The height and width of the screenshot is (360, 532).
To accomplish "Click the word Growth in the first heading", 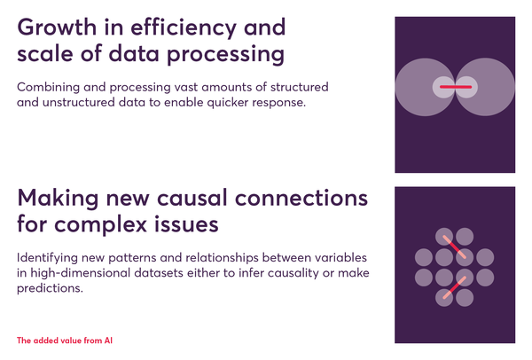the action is pos(57,27).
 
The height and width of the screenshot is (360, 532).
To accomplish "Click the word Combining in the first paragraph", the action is pos(48,88).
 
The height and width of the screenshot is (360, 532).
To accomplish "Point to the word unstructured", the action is pos(79,102).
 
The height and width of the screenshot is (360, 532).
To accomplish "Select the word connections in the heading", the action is pos(301,199).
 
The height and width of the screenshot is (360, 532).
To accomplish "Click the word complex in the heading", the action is pos(100,225).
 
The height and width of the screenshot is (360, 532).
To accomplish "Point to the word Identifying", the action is pos(47,258).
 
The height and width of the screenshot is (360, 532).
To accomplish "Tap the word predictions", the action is pos(50,289).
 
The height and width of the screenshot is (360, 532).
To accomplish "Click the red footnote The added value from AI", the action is pos(65,340).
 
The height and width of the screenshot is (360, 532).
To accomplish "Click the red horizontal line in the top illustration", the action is pos(456,87).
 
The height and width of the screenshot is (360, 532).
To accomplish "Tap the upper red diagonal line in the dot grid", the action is pos(454,247).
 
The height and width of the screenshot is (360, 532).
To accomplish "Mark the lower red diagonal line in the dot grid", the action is pos(454,287).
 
